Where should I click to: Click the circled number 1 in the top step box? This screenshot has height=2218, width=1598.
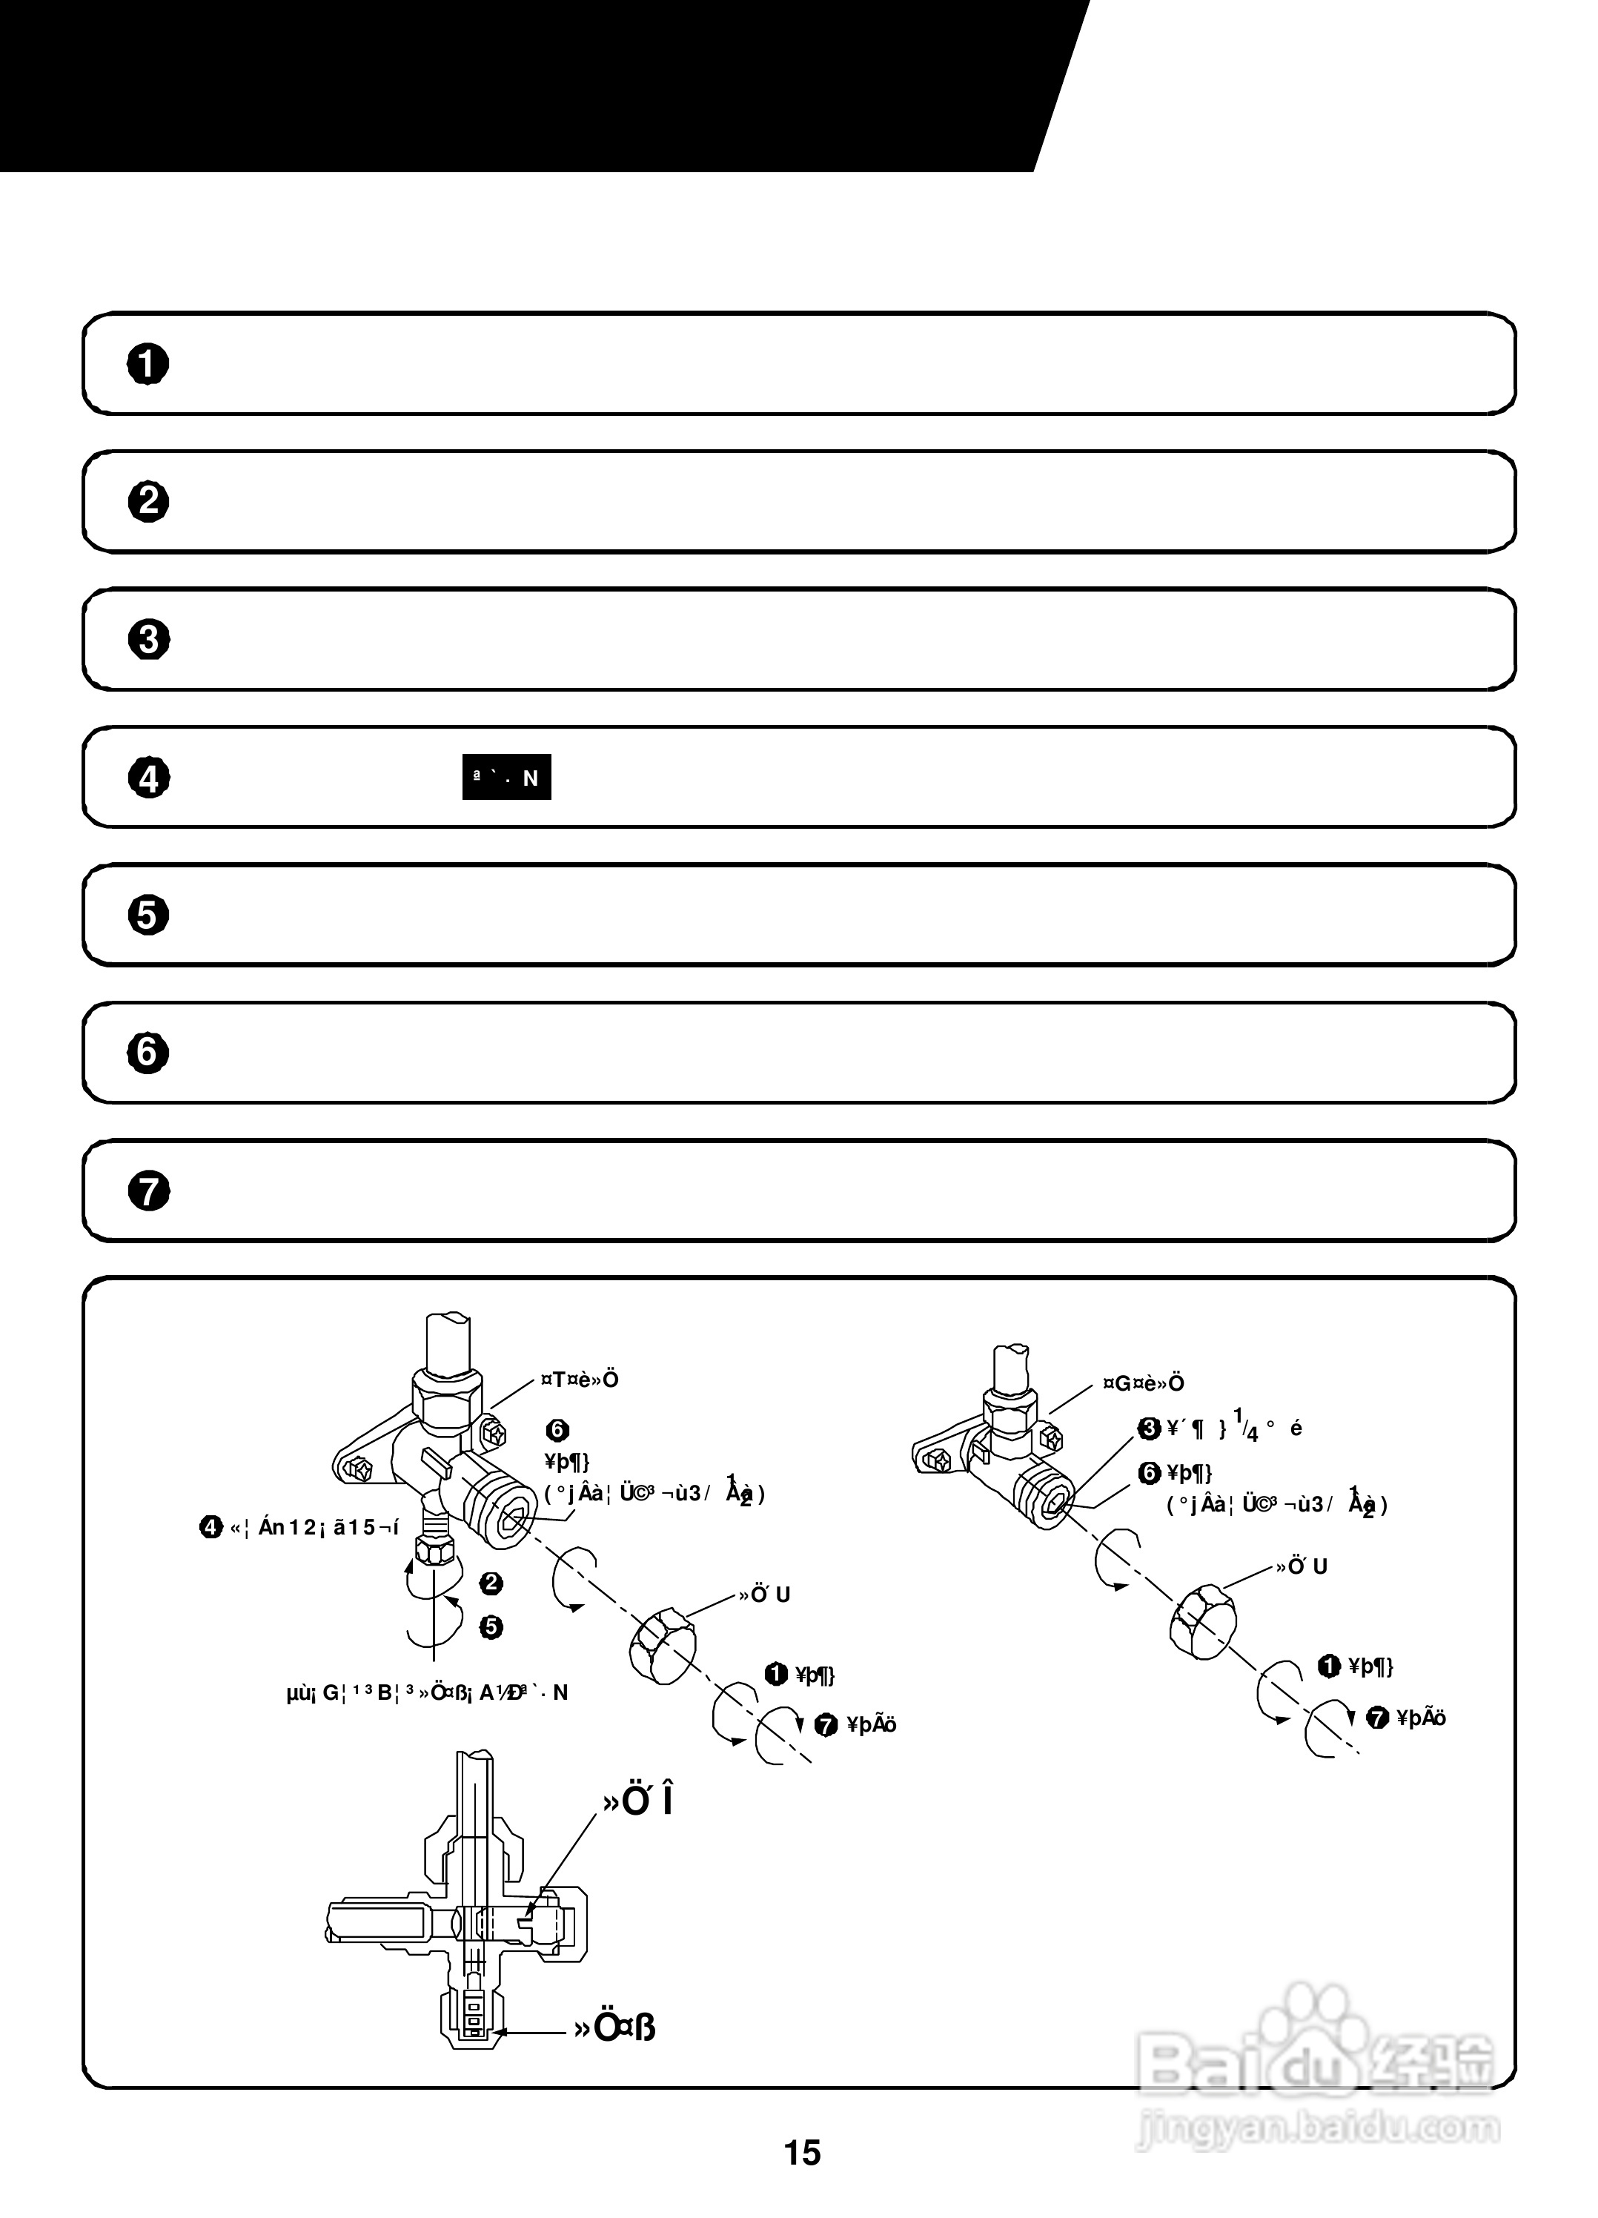click(x=147, y=364)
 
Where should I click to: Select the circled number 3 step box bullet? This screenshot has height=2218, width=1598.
click(x=147, y=640)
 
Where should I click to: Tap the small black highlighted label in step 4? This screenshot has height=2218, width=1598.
click(x=505, y=778)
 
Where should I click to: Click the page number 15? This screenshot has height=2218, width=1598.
click(x=801, y=2153)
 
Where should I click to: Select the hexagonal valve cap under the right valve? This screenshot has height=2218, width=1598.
click(x=1202, y=1624)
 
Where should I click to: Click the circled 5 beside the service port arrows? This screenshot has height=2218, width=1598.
click(x=491, y=1626)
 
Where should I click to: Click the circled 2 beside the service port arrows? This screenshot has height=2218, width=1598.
click(x=491, y=1583)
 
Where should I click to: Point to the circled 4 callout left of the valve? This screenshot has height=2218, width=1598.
click(x=211, y=1526)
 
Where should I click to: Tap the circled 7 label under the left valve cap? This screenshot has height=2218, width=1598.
click(x=826, y=1725)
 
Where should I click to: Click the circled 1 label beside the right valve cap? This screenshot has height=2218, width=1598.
click(x=1329, y=1666)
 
